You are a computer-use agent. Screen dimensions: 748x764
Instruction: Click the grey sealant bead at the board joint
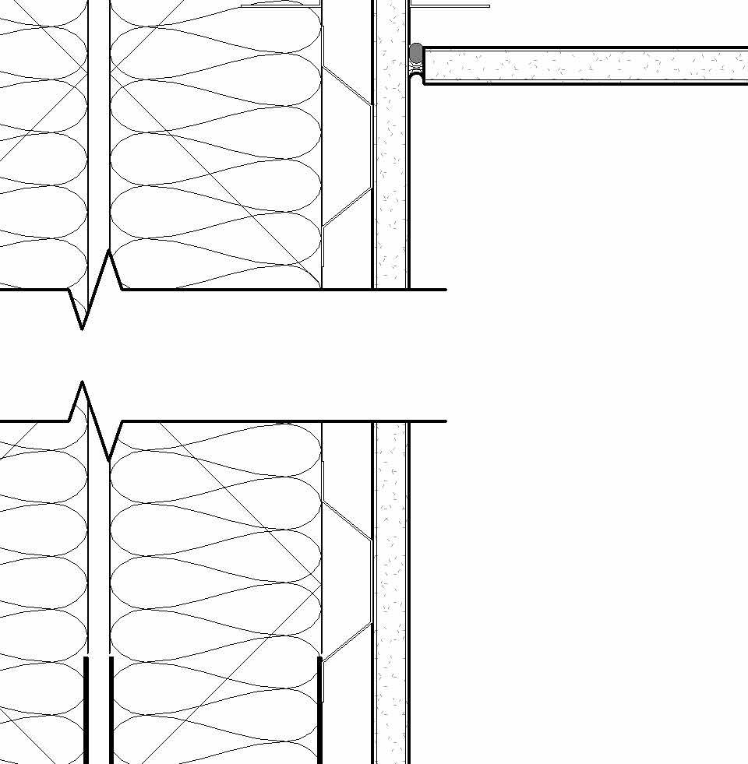coord(416,53)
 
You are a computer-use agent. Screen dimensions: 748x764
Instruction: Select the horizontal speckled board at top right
coord(584,65)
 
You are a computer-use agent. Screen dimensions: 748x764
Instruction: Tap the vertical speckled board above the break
coord(390,156)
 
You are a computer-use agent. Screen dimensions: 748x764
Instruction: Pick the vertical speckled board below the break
coord(390,592)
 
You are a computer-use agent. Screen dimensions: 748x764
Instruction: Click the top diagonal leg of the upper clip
coord(347,85)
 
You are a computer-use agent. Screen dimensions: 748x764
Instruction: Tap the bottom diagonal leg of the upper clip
coord(347,207)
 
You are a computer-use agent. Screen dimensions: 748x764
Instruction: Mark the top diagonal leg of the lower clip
coord(347,520)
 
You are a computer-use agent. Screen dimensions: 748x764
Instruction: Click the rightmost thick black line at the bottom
coord(320,709)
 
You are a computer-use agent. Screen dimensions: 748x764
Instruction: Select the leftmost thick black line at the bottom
coord(86,709)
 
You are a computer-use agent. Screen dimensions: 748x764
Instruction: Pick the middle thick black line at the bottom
coord(111,709)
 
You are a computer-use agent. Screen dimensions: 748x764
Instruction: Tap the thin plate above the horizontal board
coord(450,5)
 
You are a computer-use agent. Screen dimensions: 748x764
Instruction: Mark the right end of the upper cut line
coord(445,290)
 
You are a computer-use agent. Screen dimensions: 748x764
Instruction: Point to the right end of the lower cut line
coord(445,421)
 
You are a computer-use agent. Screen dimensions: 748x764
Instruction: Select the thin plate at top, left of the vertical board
coord(280,5)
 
